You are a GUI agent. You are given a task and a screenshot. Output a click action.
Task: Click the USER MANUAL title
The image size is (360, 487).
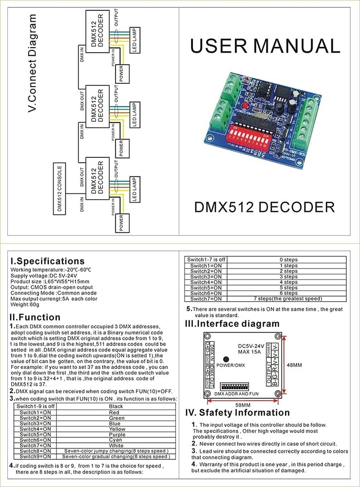point(265,46)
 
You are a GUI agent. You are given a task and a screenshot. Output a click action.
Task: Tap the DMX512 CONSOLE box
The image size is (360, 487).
point(59,189)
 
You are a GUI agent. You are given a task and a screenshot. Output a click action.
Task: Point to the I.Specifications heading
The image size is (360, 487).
point(48,261)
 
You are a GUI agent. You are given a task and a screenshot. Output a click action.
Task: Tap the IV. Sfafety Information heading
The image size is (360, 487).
point(238,412)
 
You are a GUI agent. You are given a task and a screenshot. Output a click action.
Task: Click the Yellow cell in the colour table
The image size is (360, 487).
point(116,429)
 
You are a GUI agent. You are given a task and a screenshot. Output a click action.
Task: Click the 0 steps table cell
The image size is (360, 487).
point(288,260)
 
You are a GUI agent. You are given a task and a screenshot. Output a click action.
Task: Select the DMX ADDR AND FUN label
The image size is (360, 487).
point(236,393)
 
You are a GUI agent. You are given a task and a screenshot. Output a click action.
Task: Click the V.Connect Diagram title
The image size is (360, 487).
point(32,63)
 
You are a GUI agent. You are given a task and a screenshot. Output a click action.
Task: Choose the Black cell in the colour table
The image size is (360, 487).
point(116,407)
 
